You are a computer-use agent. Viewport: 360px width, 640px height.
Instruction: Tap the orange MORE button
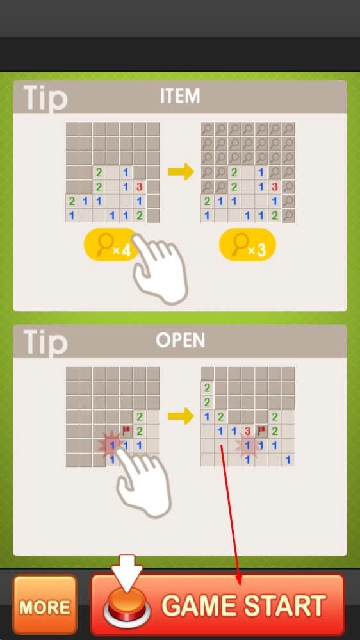point(45,604)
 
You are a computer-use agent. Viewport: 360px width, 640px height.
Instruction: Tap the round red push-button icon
point(127,609)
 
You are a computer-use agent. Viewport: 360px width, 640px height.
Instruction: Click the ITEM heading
point(180,96)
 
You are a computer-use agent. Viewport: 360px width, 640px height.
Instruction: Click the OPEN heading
point(180,340)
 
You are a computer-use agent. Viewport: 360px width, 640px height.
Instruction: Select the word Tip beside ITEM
point(45,98)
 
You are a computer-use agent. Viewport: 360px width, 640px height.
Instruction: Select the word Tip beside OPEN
point(45,343)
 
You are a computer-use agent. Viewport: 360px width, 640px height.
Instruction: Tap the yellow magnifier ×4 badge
point(110,245)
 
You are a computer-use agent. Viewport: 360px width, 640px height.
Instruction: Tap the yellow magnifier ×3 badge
point(247,245)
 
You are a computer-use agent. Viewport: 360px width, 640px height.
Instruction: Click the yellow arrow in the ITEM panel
point(181,172)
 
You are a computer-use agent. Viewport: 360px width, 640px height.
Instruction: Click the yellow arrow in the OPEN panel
point(181,416)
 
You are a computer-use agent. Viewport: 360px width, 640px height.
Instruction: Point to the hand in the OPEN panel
point(143,482)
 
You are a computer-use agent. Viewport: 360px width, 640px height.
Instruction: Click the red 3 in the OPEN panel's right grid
point(247,431)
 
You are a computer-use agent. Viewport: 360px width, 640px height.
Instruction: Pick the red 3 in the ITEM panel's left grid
point(139,186)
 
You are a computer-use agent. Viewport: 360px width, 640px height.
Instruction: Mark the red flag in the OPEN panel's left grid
point(126,429)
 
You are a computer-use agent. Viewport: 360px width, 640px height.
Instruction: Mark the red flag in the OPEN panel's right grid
point(261,429)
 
